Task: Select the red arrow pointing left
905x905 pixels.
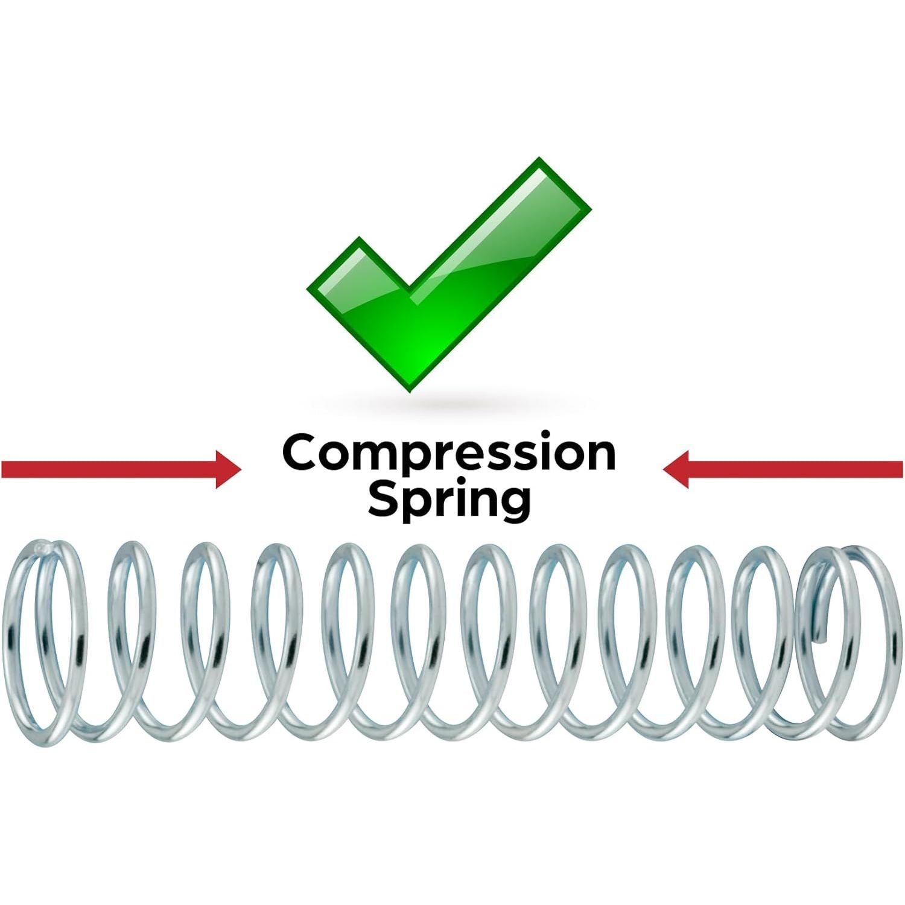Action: (783, 469)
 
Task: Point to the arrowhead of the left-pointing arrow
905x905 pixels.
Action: (675, 469)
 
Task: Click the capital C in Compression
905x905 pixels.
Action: (302, 453)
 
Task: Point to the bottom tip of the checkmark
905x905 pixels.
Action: (411, 390)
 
